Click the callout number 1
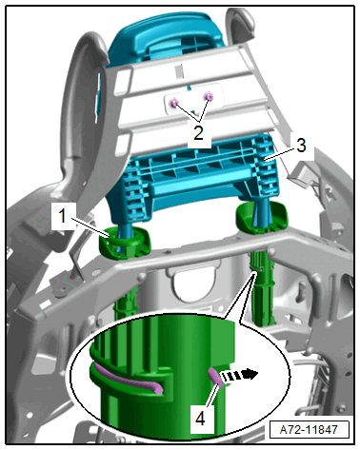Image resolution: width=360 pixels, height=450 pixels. point(63,217)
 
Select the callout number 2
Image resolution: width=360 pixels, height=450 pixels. point(198,133)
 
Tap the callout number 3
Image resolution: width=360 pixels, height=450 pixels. point(301,145)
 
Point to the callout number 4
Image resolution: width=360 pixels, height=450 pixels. point(200,419)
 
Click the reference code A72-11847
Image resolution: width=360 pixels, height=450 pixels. point(309,430)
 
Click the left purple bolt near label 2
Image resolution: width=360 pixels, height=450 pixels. point(174,103)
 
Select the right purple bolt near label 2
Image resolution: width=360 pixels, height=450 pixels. point(209,96)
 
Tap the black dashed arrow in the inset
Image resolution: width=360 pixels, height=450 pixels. point(240,375)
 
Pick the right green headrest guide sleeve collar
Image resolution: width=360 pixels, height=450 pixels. point(261,219)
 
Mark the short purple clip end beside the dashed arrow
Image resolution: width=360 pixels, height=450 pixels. point(216,377)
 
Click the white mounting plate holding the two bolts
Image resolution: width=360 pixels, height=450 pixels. point(191,98)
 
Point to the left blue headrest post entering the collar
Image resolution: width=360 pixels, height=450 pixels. point(124,236)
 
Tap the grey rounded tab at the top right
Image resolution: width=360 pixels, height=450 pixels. point(240,24)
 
